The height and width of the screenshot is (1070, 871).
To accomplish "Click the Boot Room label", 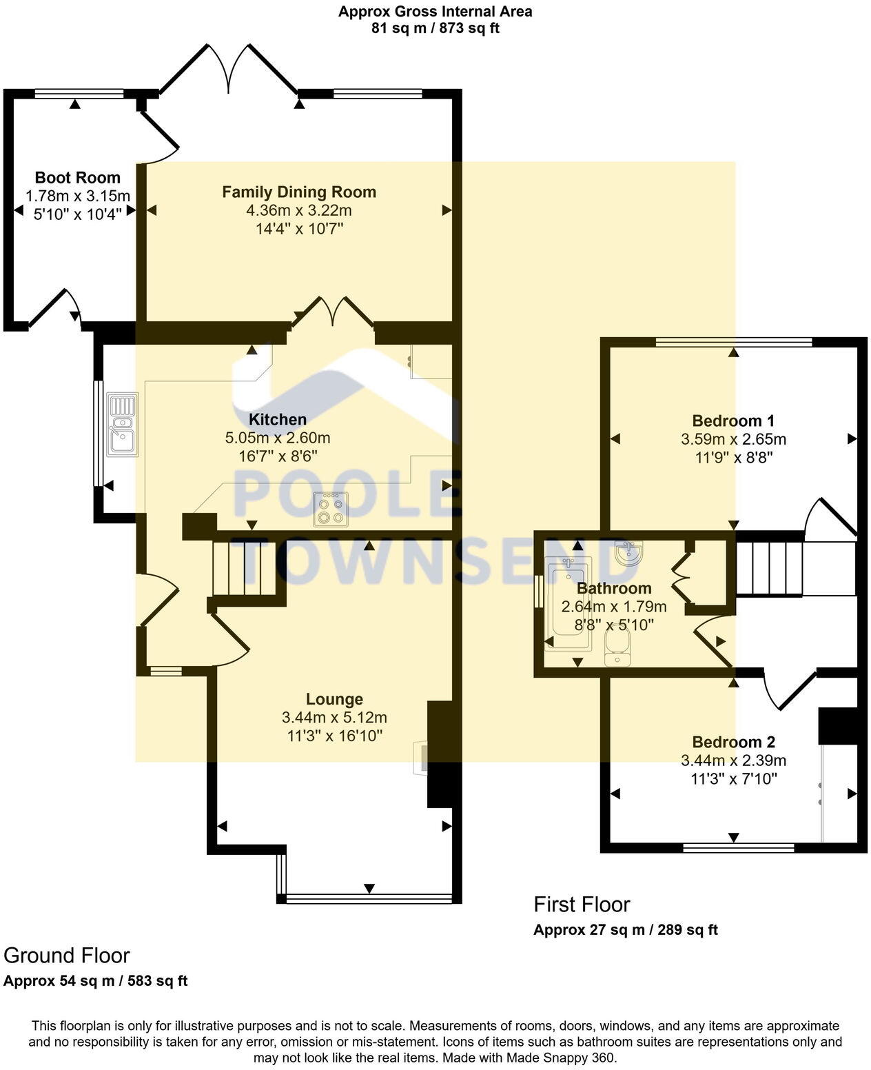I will point(77,178).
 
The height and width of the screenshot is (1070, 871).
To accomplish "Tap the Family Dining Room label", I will point(299,192).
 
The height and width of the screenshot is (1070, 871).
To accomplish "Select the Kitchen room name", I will point(277,419).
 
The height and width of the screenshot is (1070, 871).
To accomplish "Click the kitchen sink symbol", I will point(123,423).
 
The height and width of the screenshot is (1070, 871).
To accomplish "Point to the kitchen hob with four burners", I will point(331,510).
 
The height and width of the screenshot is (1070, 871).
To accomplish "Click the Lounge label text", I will point(334,700).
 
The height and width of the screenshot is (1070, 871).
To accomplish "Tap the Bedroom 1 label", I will point(733,421).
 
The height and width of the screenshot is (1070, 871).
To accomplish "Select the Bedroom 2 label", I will point(733,743).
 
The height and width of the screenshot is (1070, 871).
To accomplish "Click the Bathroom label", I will point(613,589).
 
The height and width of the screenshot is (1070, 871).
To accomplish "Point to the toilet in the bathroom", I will point(617,650).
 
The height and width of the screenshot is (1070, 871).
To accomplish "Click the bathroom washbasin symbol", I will point(627,552).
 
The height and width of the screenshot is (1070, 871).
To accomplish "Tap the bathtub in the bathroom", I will point(568,604).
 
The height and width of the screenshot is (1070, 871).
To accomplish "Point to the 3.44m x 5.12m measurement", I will point(334,718).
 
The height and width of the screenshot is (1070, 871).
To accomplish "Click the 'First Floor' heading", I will point(582,905).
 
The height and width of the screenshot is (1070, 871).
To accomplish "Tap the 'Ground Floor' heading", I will point(66,956).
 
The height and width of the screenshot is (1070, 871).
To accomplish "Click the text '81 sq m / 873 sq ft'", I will point(435,28).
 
